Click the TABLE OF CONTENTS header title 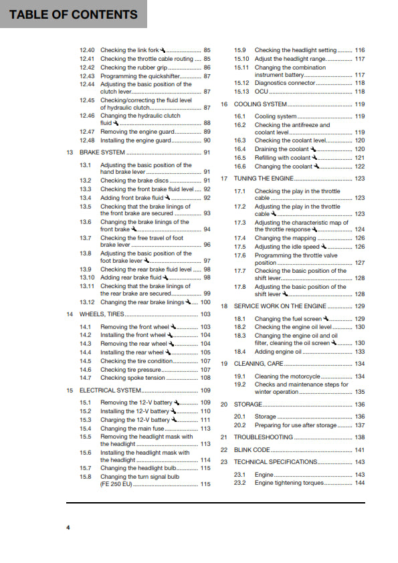click(x=74, y=14)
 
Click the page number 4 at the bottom click(x=68, y=528)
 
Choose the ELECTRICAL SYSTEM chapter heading click(x=110, y=390)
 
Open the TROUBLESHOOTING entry click(x=263, y=437)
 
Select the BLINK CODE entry click(x=252, y=450)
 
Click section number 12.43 click(x=87, y=76)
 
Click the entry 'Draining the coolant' click(x=282, y=149)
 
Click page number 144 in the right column click(x=360, y=483)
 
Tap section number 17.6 click(x=240, y=255)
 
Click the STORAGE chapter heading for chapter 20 click(x=247, y=405)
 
